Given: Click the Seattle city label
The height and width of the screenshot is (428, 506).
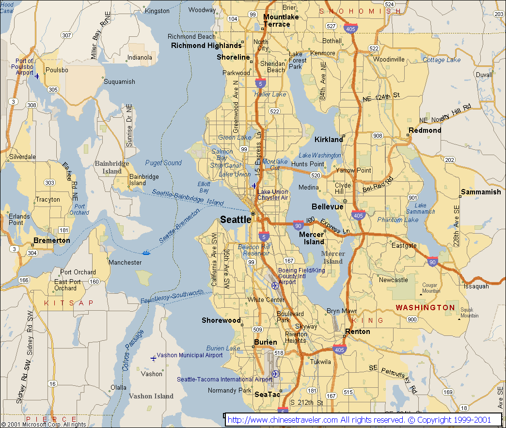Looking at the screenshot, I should [236, 220].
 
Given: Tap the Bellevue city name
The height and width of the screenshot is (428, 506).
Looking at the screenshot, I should [327, 207].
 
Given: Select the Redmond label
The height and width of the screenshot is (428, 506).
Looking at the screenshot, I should [425, 130].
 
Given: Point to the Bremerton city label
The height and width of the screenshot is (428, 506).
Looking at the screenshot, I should [51, 240].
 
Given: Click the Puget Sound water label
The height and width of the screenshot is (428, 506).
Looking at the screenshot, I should [163, 163].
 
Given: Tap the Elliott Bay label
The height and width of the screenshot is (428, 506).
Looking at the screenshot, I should [204, 187].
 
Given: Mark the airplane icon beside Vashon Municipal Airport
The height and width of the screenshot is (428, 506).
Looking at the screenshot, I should [153, 358].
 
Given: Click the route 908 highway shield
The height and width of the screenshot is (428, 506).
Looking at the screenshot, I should [378, 136].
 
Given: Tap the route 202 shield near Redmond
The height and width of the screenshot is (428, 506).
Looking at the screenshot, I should [449, 160].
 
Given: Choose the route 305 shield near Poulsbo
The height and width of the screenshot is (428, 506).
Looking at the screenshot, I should [53, 90].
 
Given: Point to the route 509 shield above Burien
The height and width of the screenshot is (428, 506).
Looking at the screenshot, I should [258, 330].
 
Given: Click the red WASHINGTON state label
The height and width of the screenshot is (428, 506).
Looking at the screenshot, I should [425, 308].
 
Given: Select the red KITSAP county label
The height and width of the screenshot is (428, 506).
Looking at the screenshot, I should [68, 303].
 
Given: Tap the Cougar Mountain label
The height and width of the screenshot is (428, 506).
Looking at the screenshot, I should [431, 288].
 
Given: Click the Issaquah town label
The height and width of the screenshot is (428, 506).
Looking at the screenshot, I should [476, 286].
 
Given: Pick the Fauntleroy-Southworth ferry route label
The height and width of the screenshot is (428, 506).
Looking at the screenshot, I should [172, 297].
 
